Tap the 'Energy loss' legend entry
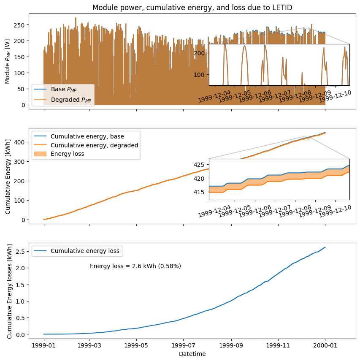click(68, 154)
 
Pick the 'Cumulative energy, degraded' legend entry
click(94, 145)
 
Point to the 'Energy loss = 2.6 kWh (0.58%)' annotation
click(135, 266)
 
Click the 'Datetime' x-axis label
click(192, 354)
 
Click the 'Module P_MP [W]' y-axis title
click(8, 61)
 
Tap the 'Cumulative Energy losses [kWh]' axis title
click(9, 290)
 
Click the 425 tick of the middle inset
click(201, 165)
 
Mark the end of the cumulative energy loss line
click(325, 247)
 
